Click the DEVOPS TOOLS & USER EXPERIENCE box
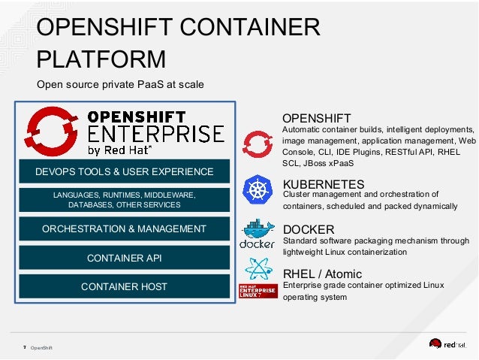[124, 172]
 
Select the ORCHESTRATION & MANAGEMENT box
[124, 228]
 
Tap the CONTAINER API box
[124, 258]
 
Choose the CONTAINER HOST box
[124, 286]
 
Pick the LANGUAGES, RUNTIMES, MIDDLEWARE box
[124, 200]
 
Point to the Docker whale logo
[258, 234]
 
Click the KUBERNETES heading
[323, 184]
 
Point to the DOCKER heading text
[308, 229]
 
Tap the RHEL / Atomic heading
[321, 274]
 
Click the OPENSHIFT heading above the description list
[316, 118]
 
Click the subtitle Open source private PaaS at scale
[120, 84]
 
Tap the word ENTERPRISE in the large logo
[156, 134]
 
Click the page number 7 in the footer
[25, 347]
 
